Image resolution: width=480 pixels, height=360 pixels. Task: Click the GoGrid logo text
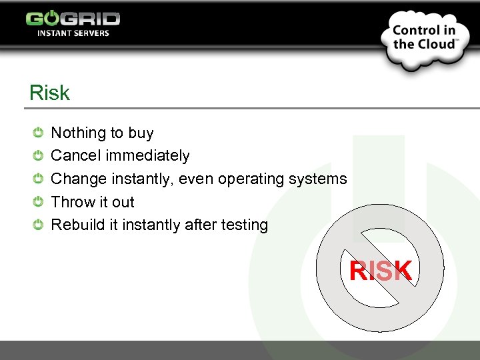tap(73, 18)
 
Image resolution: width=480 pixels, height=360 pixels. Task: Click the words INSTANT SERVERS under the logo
tap(73, 33)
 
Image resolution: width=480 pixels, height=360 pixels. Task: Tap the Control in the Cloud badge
tap(425, 38)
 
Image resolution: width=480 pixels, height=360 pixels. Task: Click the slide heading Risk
tap(49, 93)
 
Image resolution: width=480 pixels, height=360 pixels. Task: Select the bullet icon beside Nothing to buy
tap(39, 133)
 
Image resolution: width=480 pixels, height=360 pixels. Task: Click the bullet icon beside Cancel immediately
tap(39, 155)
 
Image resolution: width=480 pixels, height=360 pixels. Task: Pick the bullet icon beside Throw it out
tap(39, 202)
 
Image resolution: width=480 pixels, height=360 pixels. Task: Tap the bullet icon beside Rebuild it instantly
tap(39, 225)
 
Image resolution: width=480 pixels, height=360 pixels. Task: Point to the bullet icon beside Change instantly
tap(39, 179)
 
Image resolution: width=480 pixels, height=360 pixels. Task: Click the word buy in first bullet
tap(141, 133)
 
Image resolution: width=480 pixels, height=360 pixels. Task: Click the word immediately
tap(147, 156)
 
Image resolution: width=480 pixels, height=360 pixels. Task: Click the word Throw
tap(71, 202)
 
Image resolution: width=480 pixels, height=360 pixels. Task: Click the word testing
tap(244, 225)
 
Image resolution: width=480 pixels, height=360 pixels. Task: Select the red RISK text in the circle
tap(381, 271)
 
